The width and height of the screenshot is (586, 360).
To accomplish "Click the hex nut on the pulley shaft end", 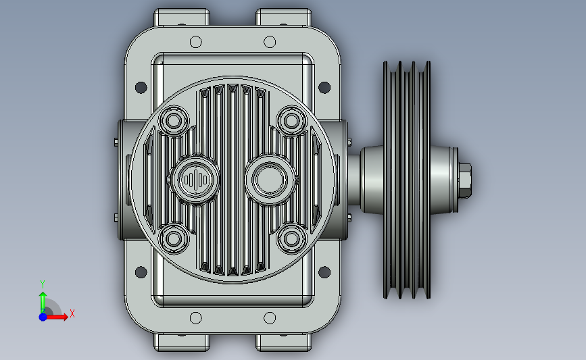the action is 464,181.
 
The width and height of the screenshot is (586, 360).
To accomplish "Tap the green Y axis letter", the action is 43,284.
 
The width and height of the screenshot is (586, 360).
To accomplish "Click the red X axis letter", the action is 72,313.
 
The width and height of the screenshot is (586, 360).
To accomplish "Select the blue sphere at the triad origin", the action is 43,317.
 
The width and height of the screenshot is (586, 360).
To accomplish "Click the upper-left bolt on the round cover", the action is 174,121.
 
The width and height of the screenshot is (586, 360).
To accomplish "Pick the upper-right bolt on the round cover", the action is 291,121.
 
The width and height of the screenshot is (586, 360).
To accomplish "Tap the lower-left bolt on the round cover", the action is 174,238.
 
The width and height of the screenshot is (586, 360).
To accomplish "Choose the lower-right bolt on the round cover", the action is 291,238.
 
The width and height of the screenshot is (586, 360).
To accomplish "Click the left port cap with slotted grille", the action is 195,180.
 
